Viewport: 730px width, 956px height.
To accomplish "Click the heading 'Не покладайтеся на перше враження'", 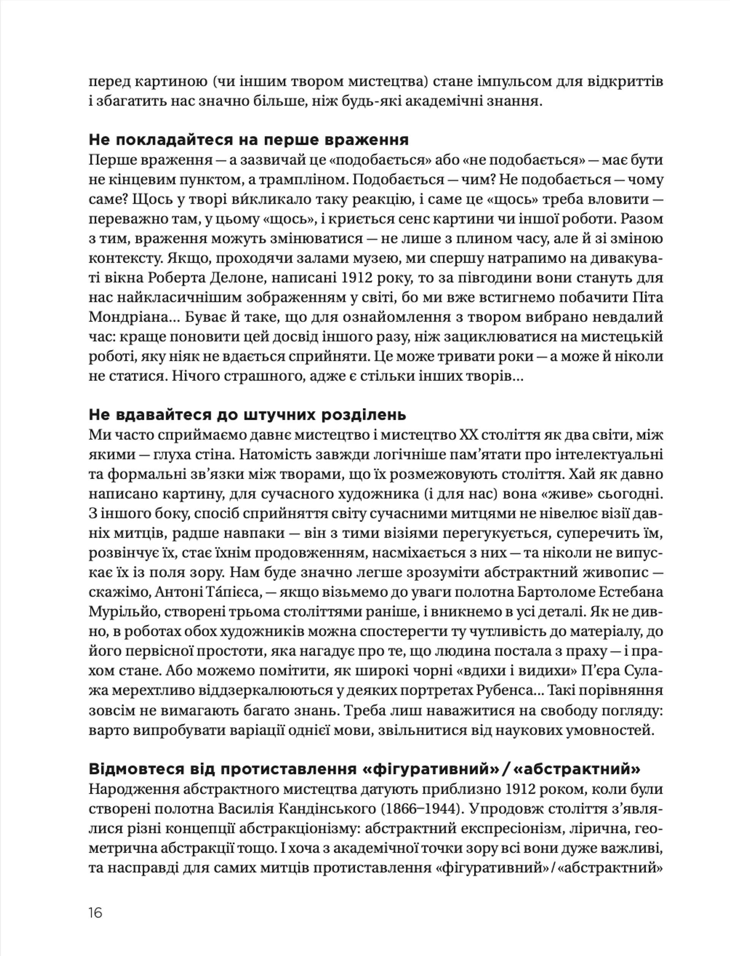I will (x=248, y=140).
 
